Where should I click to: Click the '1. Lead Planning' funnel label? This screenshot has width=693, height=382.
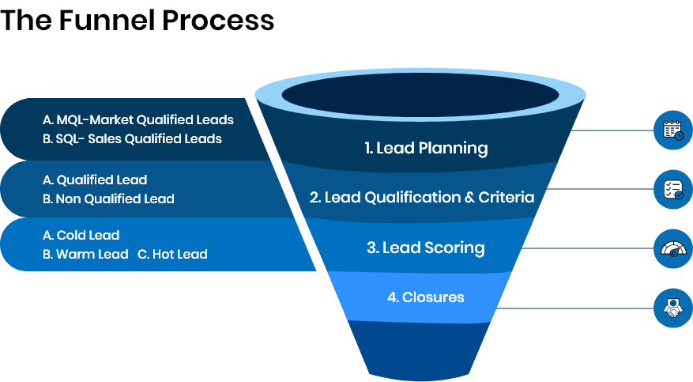(426, 148)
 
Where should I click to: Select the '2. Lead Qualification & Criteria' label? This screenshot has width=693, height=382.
(421, 197)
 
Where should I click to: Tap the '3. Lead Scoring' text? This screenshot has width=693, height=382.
(425, 248)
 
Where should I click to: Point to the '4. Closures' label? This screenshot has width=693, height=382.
(425, 297)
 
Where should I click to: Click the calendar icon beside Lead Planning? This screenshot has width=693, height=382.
(672, 130)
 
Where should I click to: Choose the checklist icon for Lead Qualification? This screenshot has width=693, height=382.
(672, 189)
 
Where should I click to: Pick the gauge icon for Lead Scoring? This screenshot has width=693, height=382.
(672, 248)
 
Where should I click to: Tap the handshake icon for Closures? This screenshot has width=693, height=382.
(672, 308)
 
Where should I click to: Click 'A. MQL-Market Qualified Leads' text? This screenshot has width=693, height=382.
(138, 120)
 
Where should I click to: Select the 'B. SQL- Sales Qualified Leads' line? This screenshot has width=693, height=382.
(132, 138)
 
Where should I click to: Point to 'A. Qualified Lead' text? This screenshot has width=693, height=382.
(95, 180)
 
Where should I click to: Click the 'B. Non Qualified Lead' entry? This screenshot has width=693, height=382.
(108, 199)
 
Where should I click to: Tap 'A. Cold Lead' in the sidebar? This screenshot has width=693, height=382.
(81, 236)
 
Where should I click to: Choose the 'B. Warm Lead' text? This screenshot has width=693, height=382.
(85, 254)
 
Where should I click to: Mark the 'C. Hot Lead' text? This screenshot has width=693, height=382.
(172, 254)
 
